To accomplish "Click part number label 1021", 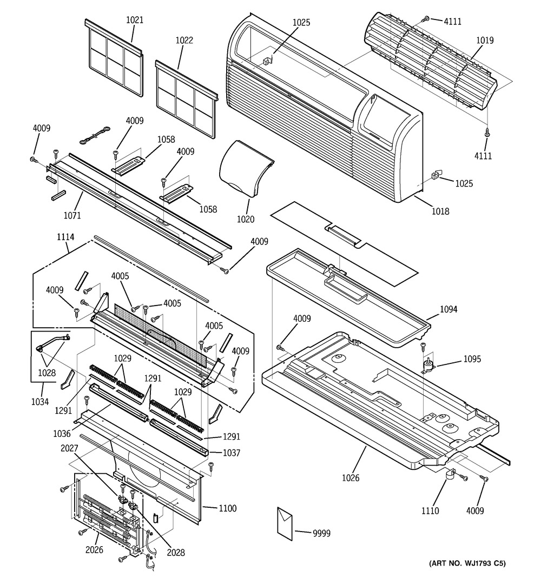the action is (135, 20).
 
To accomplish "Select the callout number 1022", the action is (184, 40).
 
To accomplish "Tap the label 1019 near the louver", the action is (485, 40).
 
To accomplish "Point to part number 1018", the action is (440, 211).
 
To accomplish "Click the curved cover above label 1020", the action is (246, 170).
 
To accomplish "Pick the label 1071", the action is (72, 215).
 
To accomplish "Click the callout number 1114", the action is (65, 237).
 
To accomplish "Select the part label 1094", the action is (448, 309).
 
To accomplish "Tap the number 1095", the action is (472, 359).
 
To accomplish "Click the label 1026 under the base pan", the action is (351, 477).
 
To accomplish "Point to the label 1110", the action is (430, 511).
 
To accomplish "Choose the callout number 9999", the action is (322, 533).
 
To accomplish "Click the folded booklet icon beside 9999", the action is (285, 524).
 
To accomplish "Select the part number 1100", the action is (227, 508).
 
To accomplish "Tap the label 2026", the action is (94, 549).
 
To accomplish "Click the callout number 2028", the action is (176, 552).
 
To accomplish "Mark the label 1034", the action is (39, 401).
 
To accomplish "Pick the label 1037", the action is (232, 453).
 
